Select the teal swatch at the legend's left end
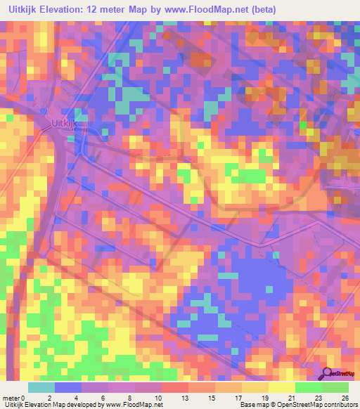(41, 387)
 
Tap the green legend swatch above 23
(308, 387)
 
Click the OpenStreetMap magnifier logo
(328, 374)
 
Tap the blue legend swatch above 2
(68, 387)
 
